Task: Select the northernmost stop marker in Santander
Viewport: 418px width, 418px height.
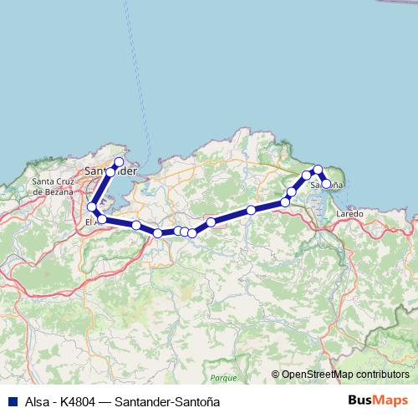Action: coord(119,162)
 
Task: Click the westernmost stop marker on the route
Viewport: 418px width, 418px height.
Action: coord(92,206)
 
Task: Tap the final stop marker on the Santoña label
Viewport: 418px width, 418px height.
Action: coord(326,183)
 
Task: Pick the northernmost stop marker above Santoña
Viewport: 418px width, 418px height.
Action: coord(318,170)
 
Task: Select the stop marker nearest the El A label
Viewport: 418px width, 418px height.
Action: coord(102,219)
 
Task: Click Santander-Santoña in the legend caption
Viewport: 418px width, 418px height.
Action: coord(171,400)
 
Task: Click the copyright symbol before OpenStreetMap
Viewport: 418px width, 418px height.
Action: coord(276,375)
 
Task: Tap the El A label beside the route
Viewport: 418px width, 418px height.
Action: coord(93,222)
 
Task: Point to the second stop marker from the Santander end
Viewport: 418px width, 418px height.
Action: coord(111,171)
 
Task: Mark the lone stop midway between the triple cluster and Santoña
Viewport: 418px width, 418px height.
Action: coord(251,210)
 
